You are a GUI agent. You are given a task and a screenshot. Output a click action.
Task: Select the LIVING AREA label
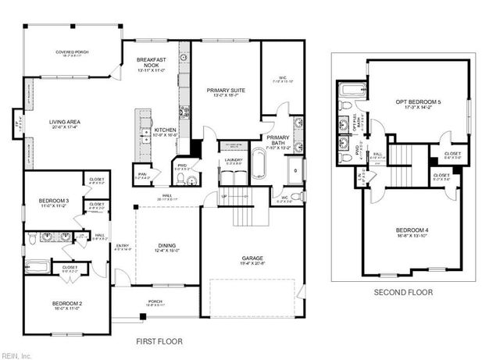(64, 123)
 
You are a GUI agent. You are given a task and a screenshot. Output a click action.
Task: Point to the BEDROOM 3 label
(55, 203)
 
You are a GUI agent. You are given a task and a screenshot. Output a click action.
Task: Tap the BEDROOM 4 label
(412, 231)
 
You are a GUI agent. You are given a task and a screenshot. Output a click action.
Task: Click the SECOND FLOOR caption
(402, 293)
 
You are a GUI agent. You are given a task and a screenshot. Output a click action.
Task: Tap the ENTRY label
(123, 248)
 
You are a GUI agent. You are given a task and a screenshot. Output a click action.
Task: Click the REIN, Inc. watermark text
(16, 355)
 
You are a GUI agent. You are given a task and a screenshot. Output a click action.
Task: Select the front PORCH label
(155, 301)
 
